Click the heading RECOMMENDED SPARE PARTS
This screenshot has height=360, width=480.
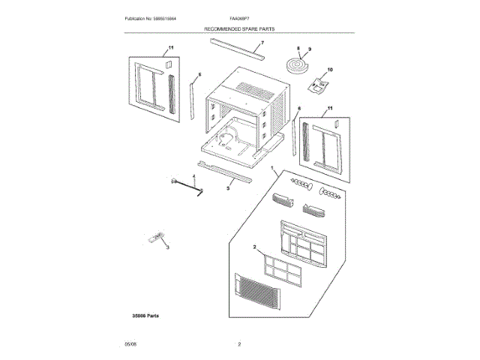(x=240, y=28)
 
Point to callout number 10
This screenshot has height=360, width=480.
(x=330, y=70)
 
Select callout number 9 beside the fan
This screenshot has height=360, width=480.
(x=307, y=49)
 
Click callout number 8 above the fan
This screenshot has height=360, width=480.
(x=298, y=49)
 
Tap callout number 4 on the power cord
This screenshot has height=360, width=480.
(x=193, y=176)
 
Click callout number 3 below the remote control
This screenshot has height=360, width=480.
(x=168, y=247)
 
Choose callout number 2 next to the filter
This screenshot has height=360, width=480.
(x=255, y=247)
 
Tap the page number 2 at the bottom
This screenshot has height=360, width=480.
(x=239, y=344)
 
